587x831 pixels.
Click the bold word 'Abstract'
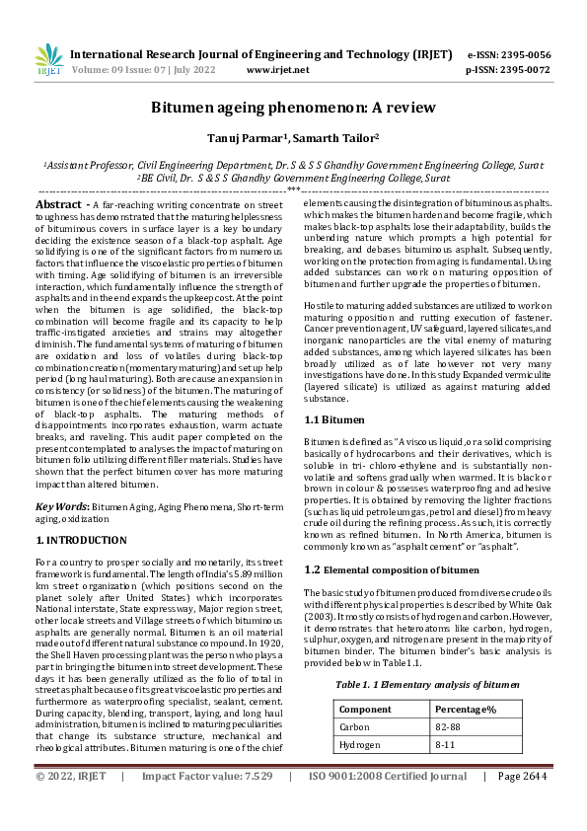click(58, 203)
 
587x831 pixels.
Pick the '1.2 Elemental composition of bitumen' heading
click(382, 569)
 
